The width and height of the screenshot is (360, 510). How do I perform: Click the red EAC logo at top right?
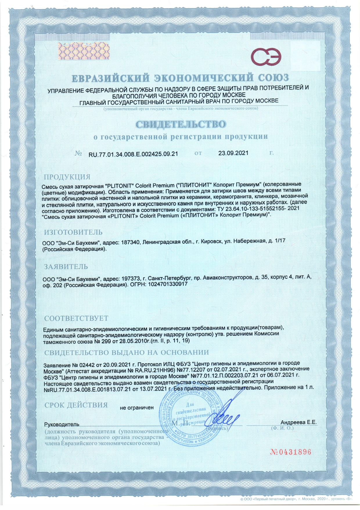pos(266,57)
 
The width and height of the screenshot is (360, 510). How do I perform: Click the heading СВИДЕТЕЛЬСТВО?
pos(181,124)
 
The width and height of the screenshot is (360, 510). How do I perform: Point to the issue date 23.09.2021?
pos(233,153)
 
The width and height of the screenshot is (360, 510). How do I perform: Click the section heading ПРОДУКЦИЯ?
pos(67,177)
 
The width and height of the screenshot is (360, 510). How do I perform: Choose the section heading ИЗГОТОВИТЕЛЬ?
pos(73,232)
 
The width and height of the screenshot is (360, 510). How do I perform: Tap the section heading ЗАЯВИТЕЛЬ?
pos(66,266)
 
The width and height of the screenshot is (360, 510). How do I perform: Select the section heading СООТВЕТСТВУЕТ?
pos(76,318)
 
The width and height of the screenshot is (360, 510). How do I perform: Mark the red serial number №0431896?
pos(291,452)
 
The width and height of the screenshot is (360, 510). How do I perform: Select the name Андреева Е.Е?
pos(298,422)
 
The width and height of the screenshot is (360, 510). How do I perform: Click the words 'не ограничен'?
pos(136,408)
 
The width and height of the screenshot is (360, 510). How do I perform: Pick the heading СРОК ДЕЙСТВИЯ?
pos(76,405)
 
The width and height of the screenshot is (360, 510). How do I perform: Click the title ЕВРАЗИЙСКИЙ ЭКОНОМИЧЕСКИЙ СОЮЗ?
pos(180,78)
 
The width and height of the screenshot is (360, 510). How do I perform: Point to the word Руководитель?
pos(62,425)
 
